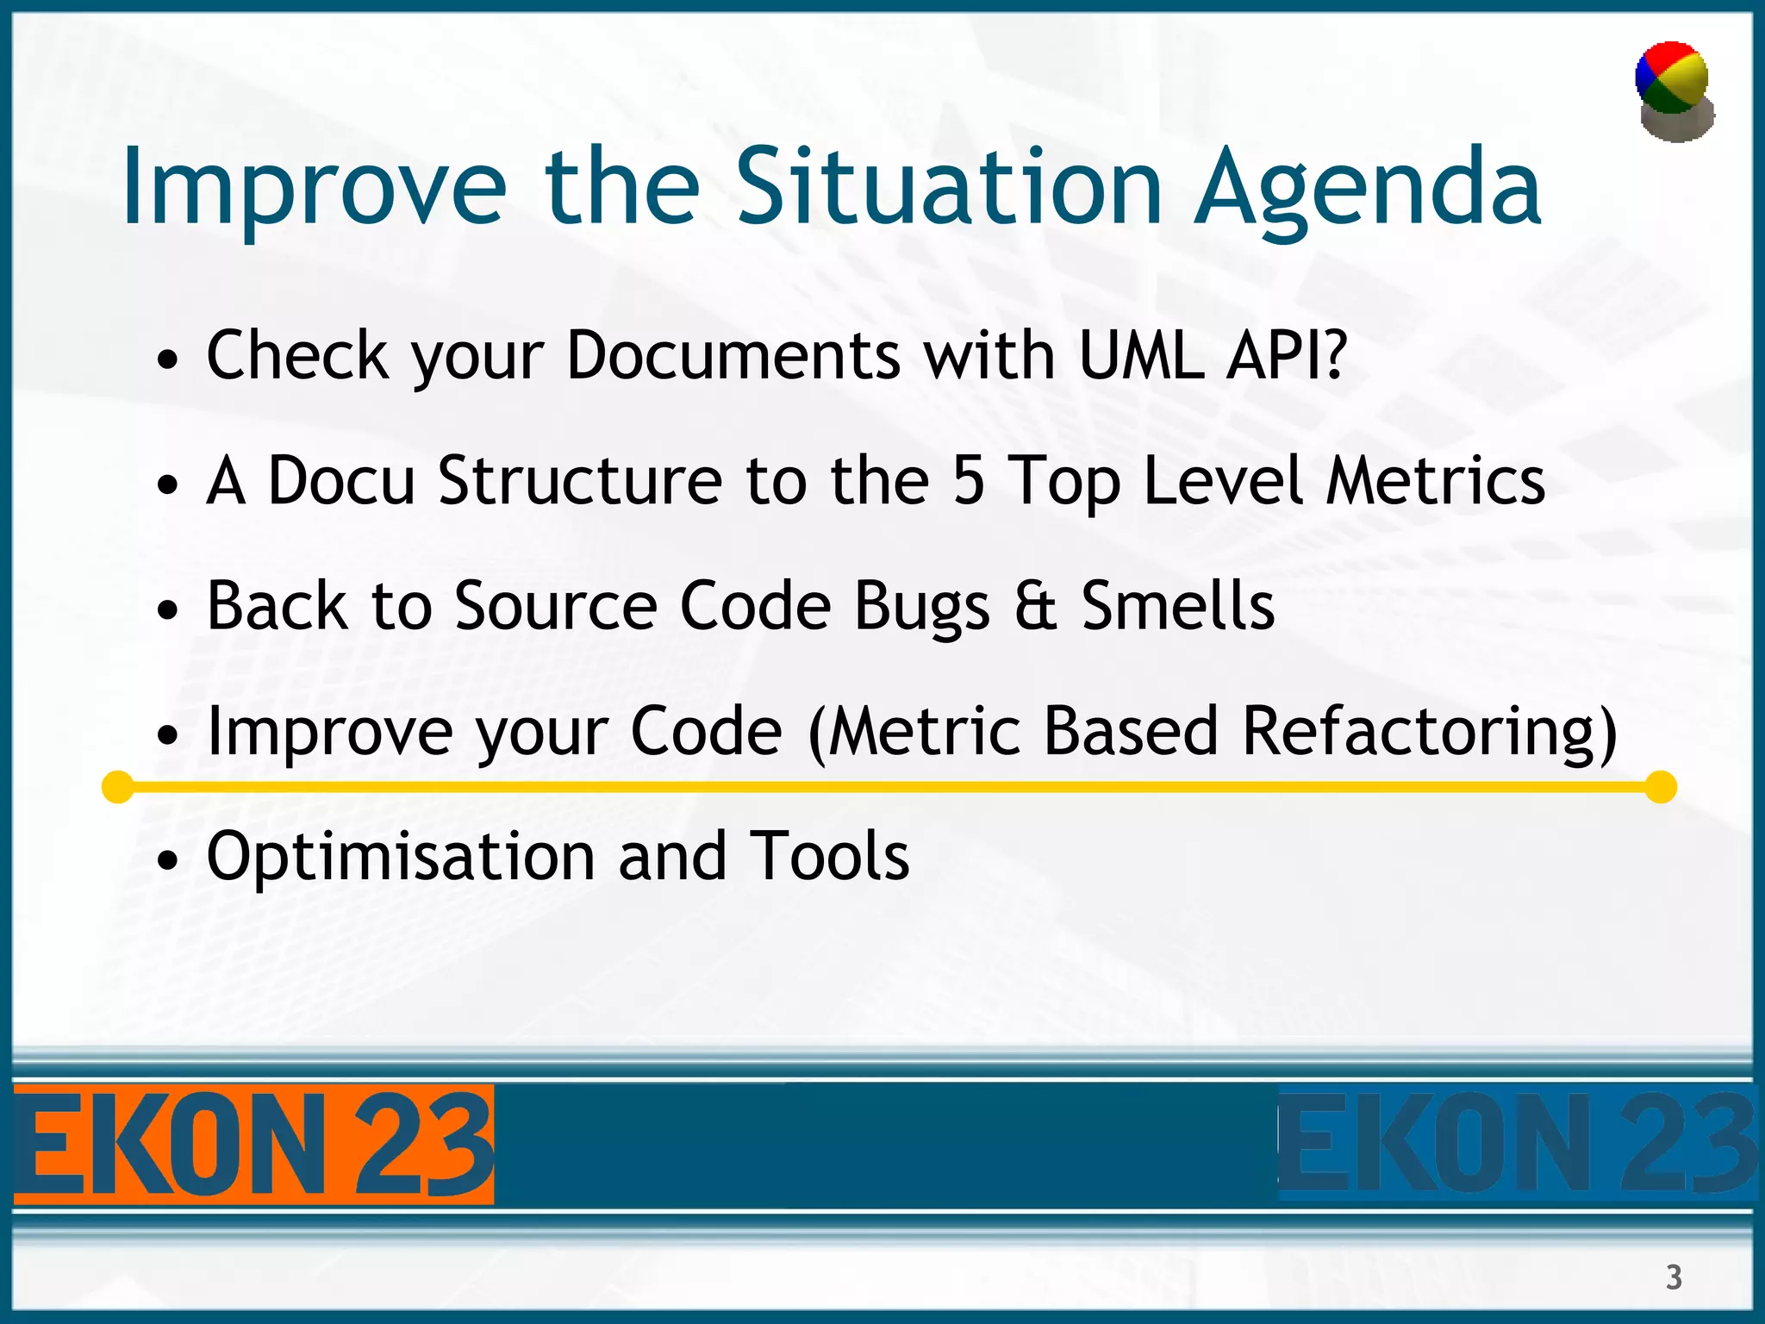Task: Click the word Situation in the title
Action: (x=949, y=187)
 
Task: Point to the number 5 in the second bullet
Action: (x=969, y=481)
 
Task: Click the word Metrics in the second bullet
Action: (x=1435, y=481)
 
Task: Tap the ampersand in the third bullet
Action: (x=1035, y=606)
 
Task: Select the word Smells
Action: (x=1177, y=606)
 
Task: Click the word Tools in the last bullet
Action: (x=829, y=857)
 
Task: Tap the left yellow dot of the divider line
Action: (x=117, y=787)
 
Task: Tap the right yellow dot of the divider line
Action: (x=1660, y=787)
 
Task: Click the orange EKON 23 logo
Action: (x=253, y=1145)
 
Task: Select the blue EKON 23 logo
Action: (x=1517, y=1145)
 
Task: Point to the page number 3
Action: (x=1674, y=1277)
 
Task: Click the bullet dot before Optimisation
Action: (x=168, y=860)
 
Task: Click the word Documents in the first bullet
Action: (x=733, y=355)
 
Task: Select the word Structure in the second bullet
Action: (x=580, y=481)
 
